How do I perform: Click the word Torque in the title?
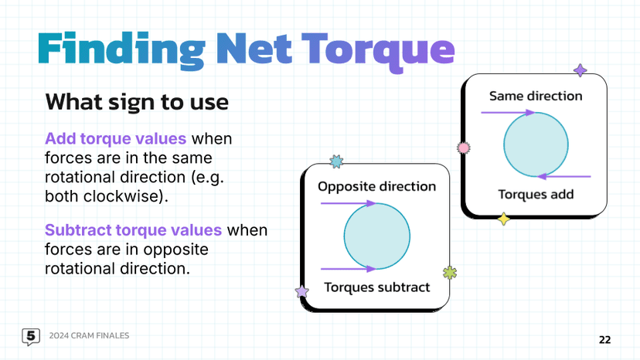point(378,51)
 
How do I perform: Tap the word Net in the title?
point(254,48)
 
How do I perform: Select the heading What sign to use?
point(137,102)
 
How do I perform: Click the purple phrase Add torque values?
point(115,139)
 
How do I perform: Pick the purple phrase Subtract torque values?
point(133,230)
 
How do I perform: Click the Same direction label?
point(536,96)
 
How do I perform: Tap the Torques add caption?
point(536,195)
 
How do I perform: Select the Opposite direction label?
point(376,186)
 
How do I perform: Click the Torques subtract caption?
point(376,287)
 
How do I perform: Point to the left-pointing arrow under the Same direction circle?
point(564,177)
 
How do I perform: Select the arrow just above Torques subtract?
point(348,269)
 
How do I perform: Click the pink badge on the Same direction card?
point(463,148)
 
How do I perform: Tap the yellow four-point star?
point(504,219)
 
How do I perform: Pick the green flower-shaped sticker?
point(449,273)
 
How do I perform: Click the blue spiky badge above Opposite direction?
point(336,161)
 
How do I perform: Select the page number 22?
point(605,340)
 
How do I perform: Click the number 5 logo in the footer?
point(31,337)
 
